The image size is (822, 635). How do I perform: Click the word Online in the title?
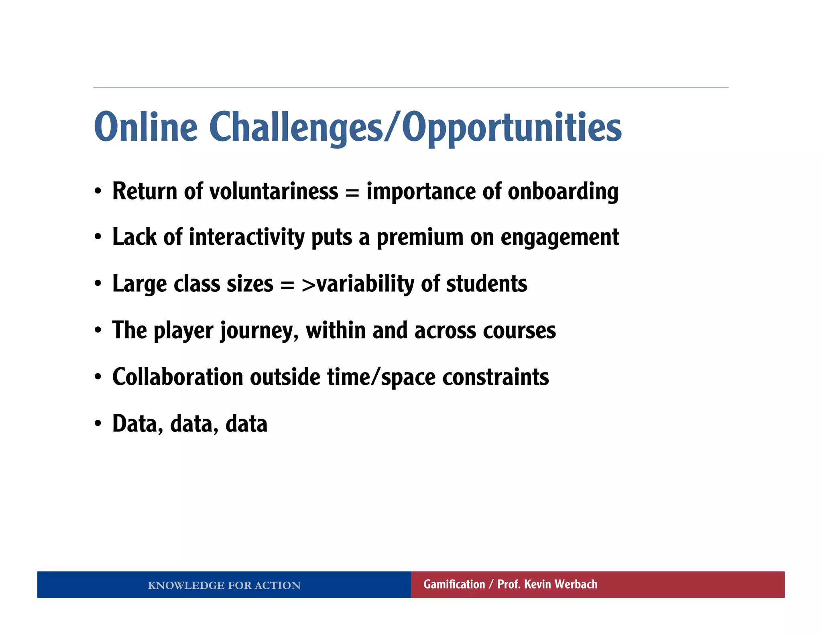pyautogui.click(x=146, y=127)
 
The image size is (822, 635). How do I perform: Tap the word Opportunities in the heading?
pyautogui.click(x=512, y=127)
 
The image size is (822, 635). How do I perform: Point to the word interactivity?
pyautogui.click(x=246, y=237)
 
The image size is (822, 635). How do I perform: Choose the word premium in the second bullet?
pyautogui.click(x=419, y=238)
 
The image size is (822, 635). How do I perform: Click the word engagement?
pyautogui.click(x=560, y=238)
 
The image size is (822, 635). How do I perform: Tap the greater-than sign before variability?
pyautogui.click(x=308, y=284)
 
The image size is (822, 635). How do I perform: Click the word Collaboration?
pyautogui.click(x=178, y=377)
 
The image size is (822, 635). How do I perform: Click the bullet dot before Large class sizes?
pyautogui.click(x=98, y=284)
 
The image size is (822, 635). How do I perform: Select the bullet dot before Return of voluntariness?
pyautogui.click(x=98, y=191)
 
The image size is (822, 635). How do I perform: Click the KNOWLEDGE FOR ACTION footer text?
pyautogui.click(x=224, y=585)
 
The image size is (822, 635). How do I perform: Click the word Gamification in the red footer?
pyautogui.click(x=454, y=584)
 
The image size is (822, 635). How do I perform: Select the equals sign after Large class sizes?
pyautogui.click(x=287, y=284)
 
